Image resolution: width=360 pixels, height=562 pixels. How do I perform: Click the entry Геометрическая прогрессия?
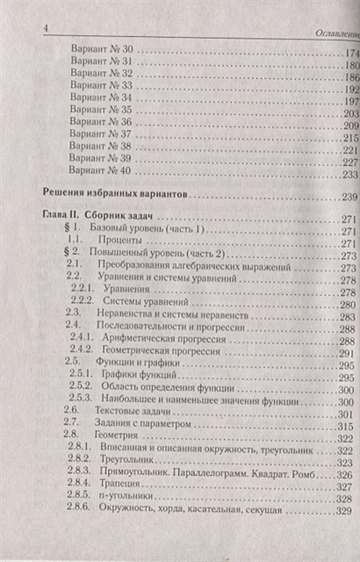[162, 349]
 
